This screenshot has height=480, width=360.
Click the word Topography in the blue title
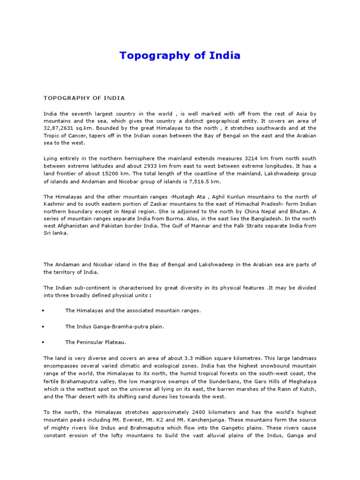[148, 55]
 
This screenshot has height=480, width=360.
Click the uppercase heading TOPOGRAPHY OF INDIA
[84, 98]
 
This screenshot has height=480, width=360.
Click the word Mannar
[202, 226]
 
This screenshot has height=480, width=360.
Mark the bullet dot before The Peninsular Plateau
[43, 343]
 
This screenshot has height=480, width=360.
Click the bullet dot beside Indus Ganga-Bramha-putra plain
[43, 327]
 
